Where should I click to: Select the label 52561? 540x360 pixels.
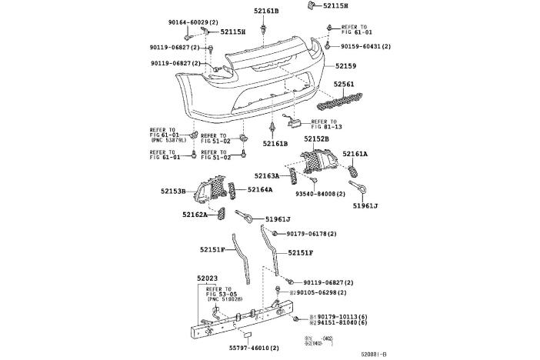344,84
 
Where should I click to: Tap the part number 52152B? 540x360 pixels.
316,138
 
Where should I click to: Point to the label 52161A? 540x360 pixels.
355,154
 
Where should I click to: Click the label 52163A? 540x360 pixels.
267,176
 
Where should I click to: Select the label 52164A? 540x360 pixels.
259,189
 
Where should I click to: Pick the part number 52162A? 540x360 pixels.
195,215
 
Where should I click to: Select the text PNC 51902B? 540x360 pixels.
225,300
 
